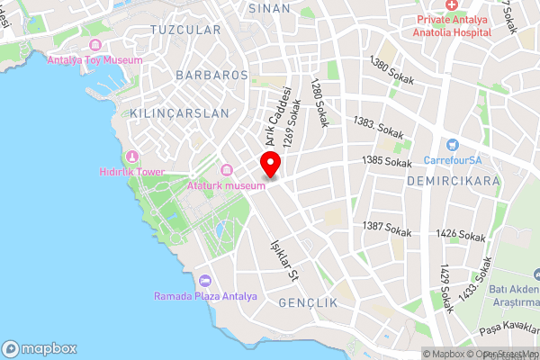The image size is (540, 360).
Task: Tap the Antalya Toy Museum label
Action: pos(94,60)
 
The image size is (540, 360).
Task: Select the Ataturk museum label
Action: pos(226,185)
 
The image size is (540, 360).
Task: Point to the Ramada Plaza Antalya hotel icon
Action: pos(205,280)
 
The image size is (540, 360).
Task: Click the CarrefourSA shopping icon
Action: pos(452,144)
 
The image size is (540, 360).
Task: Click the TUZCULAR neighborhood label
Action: pos(184,30)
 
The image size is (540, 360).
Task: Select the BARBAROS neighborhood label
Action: pos(212,75)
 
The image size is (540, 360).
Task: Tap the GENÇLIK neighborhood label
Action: pos(308,303)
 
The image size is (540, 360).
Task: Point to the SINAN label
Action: pos(269,7)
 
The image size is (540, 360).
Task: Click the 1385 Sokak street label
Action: pos(386,161)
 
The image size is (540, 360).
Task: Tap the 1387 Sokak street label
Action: pos(387,229)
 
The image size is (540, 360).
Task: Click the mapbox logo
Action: pos(40,347)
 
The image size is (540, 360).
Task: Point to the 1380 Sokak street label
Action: pos(392,71)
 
